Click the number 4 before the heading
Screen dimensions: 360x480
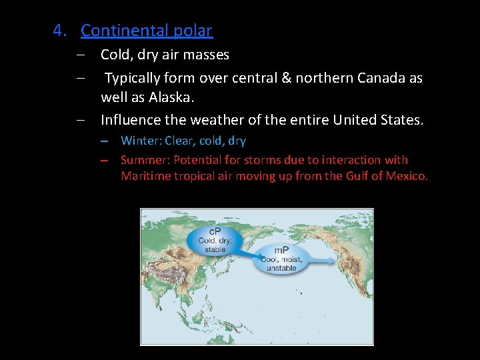click(59, 31)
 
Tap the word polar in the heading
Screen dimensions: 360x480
click(195, 31)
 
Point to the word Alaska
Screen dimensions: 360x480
click(171, 97)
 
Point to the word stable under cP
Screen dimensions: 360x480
click(215, 249)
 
